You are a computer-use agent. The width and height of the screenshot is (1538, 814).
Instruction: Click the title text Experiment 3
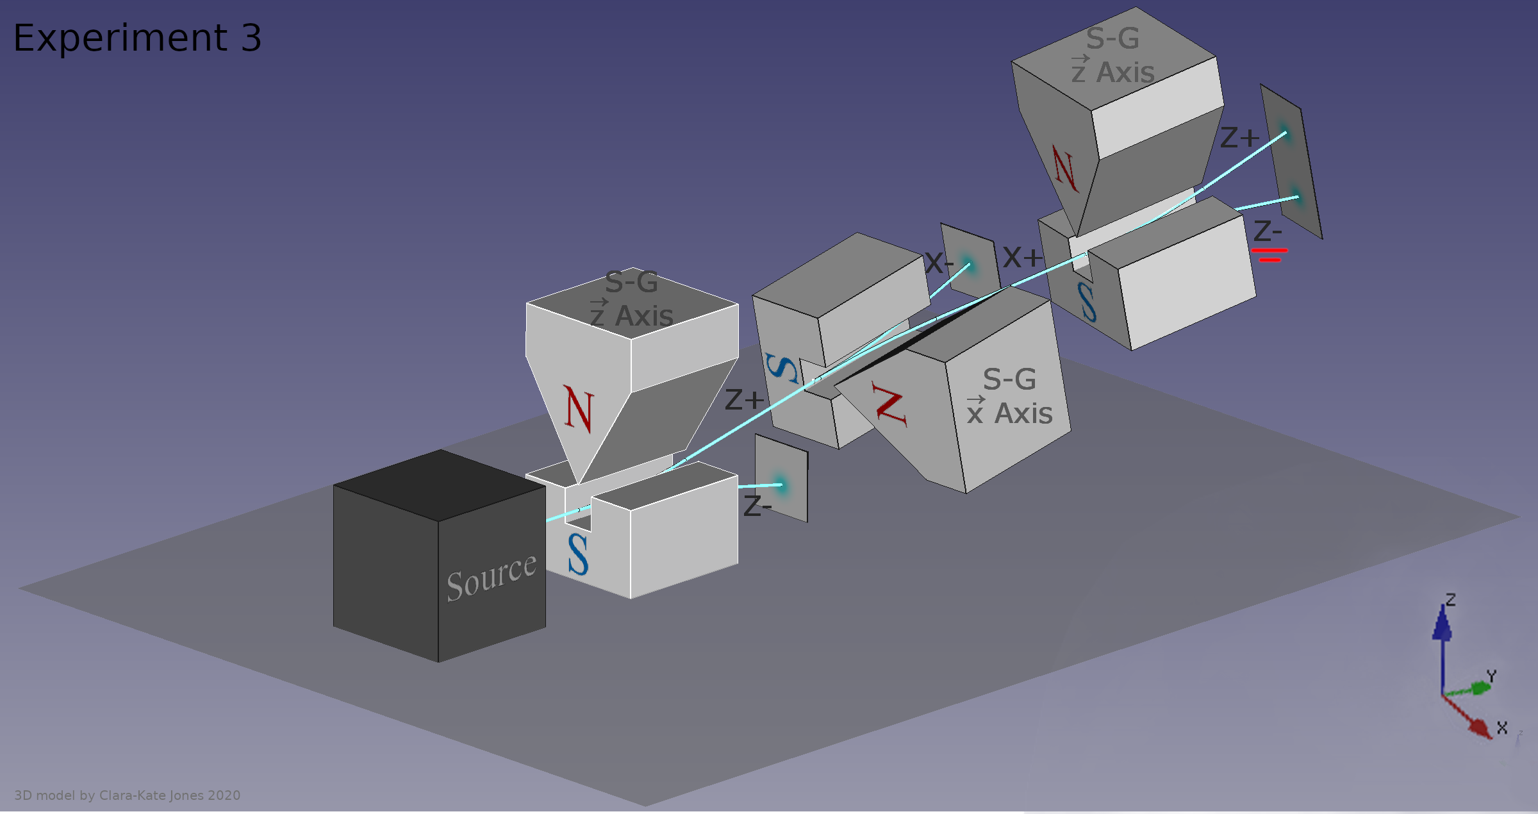point(137,38)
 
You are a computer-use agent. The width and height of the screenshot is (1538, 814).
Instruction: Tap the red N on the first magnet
point(579,409)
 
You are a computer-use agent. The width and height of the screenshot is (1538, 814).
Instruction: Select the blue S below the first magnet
point(578,554)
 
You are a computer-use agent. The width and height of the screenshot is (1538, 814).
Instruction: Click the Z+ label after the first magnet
point(745,400)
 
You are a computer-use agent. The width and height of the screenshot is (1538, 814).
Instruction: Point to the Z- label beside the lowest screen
point(757,506)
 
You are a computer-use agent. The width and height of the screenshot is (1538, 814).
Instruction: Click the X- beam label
point(939,263)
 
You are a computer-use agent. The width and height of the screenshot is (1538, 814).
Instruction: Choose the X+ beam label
point(1023,258)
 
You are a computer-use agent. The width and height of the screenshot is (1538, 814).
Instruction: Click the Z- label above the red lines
point(1268,231)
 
